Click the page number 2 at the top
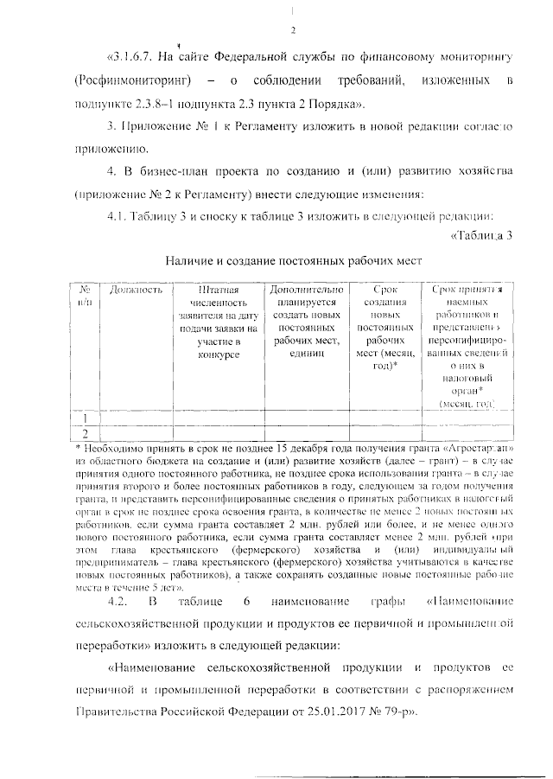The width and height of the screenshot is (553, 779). [294, 32]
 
